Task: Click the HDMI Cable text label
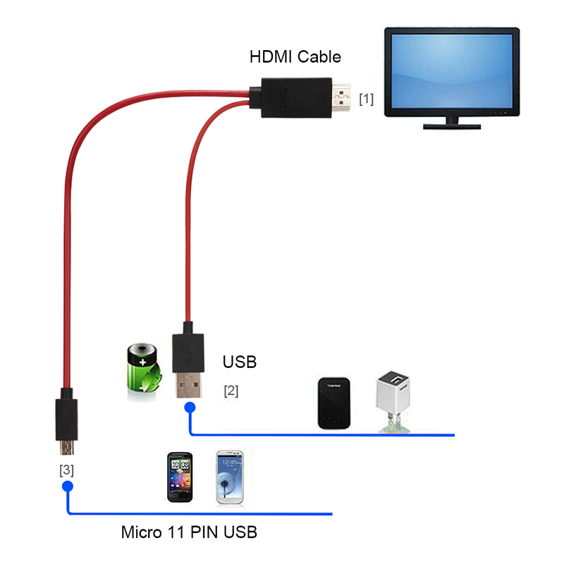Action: pyautogui.click(x=295, y=57)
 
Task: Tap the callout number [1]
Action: pyautogui.click(x=366, y=99)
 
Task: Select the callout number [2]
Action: pyautogui.click(x=231, y=390)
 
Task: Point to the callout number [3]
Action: pyautogui.click(x=66, y=469)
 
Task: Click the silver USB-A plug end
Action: pyautogui.click(x=188, y=386)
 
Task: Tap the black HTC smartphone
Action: pyautogui.click(x=180, y=477)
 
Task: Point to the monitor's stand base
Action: pyautogui.click(x=451, y=125)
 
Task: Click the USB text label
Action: pyautogui.click(x=240, y=362)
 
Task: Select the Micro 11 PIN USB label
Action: pyautogui.click(x=189, y=532)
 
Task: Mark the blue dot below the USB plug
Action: pyautogui.click(x=189, y=407)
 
